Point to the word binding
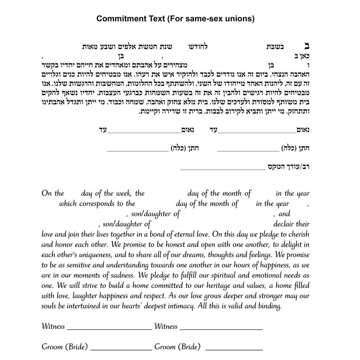(x=268, y=306)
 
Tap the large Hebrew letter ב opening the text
(x=307, y=46)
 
